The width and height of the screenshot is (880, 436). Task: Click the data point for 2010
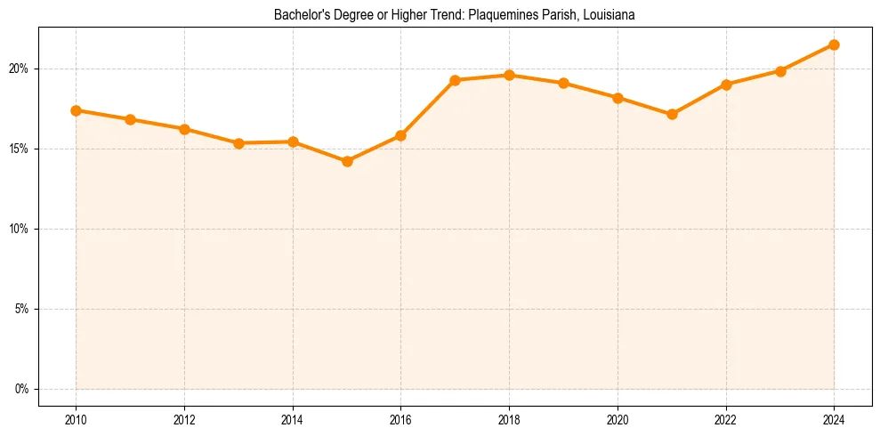76,110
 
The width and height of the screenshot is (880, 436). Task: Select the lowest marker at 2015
347,161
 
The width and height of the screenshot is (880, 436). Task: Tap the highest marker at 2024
834,44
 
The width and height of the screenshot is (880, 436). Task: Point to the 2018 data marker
509,75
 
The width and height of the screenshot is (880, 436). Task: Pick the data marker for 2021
672,114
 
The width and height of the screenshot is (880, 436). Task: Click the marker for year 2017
455,80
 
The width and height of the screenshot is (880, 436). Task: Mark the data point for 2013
238,143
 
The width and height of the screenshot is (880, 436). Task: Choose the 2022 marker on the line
726,85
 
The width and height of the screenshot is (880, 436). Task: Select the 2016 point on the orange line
400,135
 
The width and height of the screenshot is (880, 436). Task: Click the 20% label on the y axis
20,69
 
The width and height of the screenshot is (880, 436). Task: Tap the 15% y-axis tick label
20,149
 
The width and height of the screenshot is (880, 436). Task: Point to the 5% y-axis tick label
22,309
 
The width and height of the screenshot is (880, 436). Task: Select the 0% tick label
22,389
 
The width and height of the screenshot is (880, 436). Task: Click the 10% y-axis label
20,229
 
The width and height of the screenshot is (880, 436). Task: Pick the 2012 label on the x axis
184,419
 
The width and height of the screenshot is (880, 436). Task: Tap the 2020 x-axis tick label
618,419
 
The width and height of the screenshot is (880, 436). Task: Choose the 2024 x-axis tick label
834,419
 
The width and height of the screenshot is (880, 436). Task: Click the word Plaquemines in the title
494,15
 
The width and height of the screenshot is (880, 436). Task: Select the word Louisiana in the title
610,15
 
